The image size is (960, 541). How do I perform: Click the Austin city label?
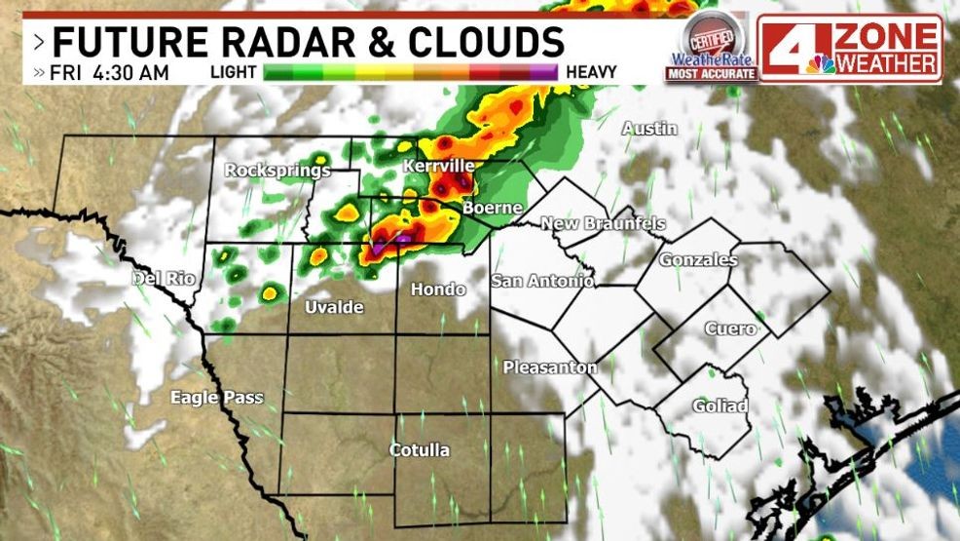[x=649, y=129]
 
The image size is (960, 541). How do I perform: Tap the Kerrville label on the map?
[x=438, y=167]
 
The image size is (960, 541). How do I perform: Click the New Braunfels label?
[x=603, y=224]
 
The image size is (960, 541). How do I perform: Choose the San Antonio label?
[x=541, y=281]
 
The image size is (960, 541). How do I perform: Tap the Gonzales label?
[x=698, y=259]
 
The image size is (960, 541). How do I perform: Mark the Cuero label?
[x=730, y=328]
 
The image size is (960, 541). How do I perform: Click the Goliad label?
[x=720, y=406]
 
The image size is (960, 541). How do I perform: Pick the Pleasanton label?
[x=550, y=367]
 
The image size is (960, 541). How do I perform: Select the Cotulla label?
[x=420, y=449]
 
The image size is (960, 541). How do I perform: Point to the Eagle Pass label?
[x=216, y=397]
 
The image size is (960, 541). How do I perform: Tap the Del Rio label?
[x=164, y=280]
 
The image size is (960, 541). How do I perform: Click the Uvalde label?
[x=334, y=307]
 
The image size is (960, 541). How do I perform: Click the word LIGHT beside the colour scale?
[x=233, y=72]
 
